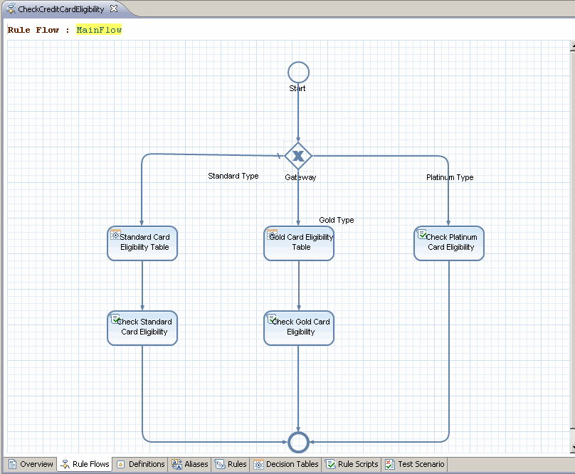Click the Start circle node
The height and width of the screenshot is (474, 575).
click(x=298, y=73)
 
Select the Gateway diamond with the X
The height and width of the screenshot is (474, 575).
click(x=298, y=156)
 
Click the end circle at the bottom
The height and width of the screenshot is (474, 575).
click(x=298, y=442)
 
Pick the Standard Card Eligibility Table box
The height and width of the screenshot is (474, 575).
click(x=142, y=243)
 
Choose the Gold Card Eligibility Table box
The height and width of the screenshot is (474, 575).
click(x=299, y=243)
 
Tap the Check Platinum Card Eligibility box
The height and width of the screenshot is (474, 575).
click(x=449, y=243)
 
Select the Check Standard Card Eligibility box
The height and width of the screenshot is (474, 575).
click(x=142, y=328)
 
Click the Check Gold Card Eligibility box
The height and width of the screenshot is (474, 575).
click(x=299, y=328)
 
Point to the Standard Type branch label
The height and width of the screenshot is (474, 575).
click(x=233, y=176)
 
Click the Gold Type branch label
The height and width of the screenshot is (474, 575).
click(x=337, y=220)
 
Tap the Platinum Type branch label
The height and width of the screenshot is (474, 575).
click(x=450, y=177)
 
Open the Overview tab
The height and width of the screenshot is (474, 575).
click(x=31, y=464)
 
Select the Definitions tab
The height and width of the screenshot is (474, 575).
click(x=141, y=464)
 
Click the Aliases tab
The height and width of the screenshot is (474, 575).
click(x=190, y=464)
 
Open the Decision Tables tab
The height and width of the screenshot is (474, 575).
click(x=286, y=464)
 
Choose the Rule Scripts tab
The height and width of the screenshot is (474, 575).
click(x=352, y=464)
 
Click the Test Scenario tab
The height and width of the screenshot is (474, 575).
click(x=415, y=464)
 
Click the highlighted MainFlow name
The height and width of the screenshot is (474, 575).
click(x=99, y=30)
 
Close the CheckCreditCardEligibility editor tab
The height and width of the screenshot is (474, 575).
click(x=114, y=9)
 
